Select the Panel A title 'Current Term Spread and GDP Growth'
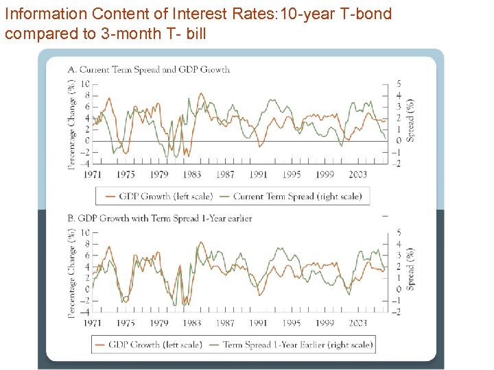[154, 69]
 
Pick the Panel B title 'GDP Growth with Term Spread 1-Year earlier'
[165, 218]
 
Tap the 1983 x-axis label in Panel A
[191, 175]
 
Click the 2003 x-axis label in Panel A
[357, 175]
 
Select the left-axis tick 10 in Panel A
[84, 84]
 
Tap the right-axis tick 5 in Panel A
[399, 84]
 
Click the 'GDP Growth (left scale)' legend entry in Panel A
[165, 196]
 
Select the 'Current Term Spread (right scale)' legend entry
[297, 196]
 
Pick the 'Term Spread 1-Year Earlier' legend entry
[297, 345]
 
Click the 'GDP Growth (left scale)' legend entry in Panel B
[155, 345]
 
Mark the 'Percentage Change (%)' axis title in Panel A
[72, 123]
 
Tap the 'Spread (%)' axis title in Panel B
[410, 268]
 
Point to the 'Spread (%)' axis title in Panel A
[410, 120]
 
